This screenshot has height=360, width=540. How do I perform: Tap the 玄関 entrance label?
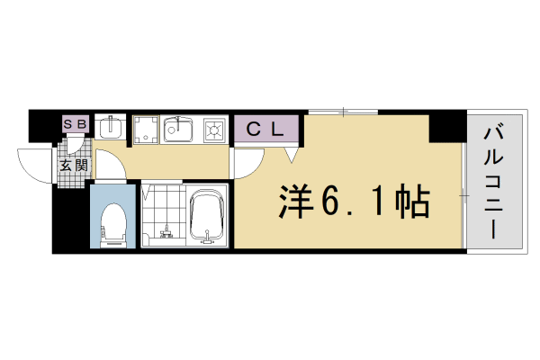coord(74,166)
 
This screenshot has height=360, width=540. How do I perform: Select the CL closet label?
coord(266,129)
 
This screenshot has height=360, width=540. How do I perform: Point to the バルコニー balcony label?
coord(493,180)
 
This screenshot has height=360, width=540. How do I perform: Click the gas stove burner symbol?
coord(216,130)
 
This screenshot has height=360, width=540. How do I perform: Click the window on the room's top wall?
coord(343,112)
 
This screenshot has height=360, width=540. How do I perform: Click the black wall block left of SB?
coord(44,125)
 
